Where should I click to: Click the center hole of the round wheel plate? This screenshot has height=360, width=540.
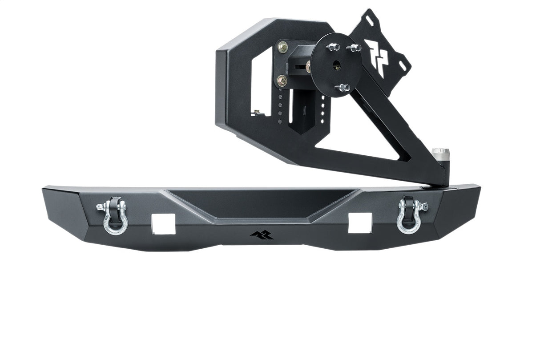[336, 66]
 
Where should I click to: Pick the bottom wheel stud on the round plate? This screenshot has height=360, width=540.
[342, 87]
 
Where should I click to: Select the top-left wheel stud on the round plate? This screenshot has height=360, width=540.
[332, 47]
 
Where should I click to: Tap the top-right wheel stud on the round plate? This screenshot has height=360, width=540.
[355, 48]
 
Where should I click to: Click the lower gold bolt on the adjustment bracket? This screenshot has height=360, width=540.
[282, 81]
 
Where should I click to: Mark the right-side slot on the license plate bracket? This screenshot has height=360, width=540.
[402, 65]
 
